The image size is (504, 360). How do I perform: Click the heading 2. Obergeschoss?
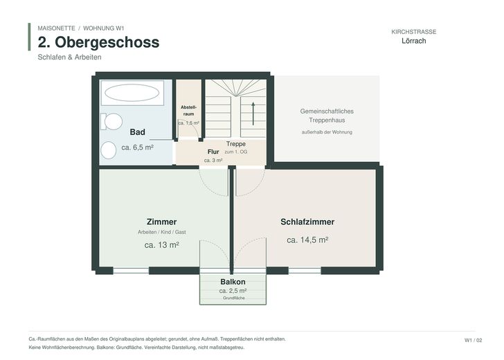click(x=98, y=42)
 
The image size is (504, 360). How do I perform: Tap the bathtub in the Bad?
click(x=132, y=93)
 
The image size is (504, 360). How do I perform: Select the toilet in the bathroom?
click(x=111, y=121)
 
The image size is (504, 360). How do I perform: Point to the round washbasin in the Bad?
click(x=108, y=150)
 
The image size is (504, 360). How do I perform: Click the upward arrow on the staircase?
click(x=253, y=114)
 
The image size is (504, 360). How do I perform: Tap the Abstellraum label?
click(x=188, y=110)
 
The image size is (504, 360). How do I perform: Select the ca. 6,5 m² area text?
click(x=137, y=147)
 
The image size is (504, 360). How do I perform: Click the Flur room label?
click(x=213, y=152)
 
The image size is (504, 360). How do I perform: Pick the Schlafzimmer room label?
click(x=307, y=222)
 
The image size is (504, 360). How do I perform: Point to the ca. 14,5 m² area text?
click(x=307, y=240)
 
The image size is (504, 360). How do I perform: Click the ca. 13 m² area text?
click(x=162, y=245)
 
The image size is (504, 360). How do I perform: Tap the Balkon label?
click(x=233, y=282)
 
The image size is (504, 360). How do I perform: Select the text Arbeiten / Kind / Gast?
click(x=162, y=232)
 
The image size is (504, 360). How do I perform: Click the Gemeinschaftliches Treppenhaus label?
click(x=327, y=116)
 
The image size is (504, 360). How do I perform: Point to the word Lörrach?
click(x=414, y=41)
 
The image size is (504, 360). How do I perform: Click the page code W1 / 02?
click(x=473, y=341)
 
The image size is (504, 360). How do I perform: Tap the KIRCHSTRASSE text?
click(x=414, y=32)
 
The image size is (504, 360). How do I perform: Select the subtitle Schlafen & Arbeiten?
click(x=69, y=57)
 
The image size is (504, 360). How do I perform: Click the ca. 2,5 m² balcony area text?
click(x=233, y=291)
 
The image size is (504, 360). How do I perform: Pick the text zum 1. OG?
click(x=236, y=152)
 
